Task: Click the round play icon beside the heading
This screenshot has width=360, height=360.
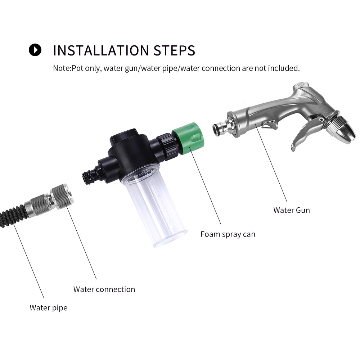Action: pos(35,50)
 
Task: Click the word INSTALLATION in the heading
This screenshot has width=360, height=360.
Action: pos(101,50)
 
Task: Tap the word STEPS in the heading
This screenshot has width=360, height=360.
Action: pos(174,50)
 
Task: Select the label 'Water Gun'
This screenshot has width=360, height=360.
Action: pos(292,210)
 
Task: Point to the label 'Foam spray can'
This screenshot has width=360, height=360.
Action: pos(228,234)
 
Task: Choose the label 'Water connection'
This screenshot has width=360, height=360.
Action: pos(104,289)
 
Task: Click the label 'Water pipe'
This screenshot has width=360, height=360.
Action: pos(49,308)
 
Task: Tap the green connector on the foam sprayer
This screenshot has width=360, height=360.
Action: pos(188,139)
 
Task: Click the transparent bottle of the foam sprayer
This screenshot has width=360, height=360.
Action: pos(153,207)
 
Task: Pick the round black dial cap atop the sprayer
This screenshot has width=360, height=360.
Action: pos(125,135)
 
